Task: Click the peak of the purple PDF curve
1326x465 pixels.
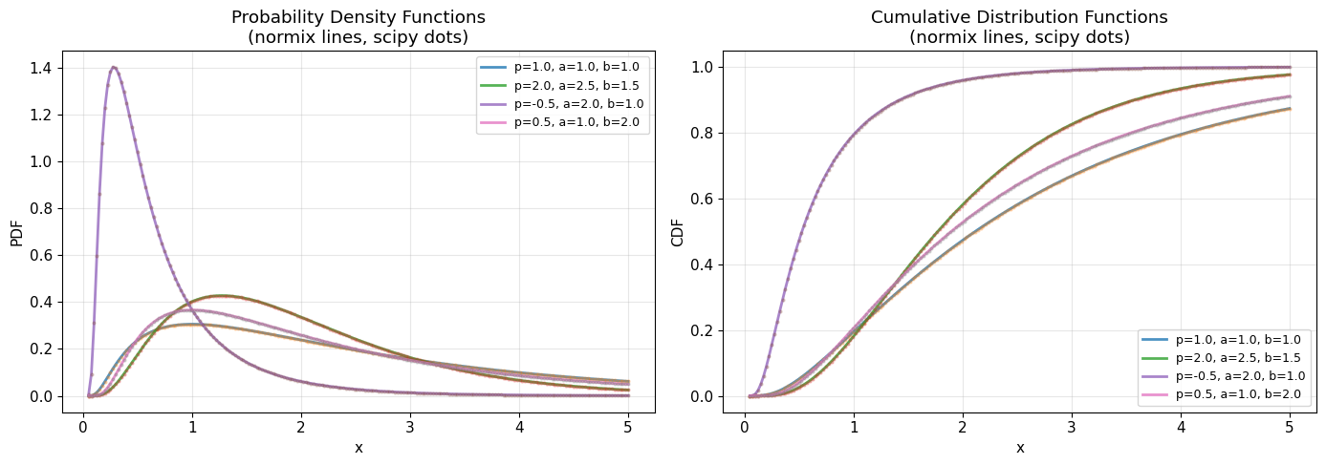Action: click(114, 67)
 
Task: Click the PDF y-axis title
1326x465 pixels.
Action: click(16, 231)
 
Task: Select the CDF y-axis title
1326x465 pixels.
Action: click(677, 231)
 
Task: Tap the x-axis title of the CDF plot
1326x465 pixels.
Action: click(1019, 447)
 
